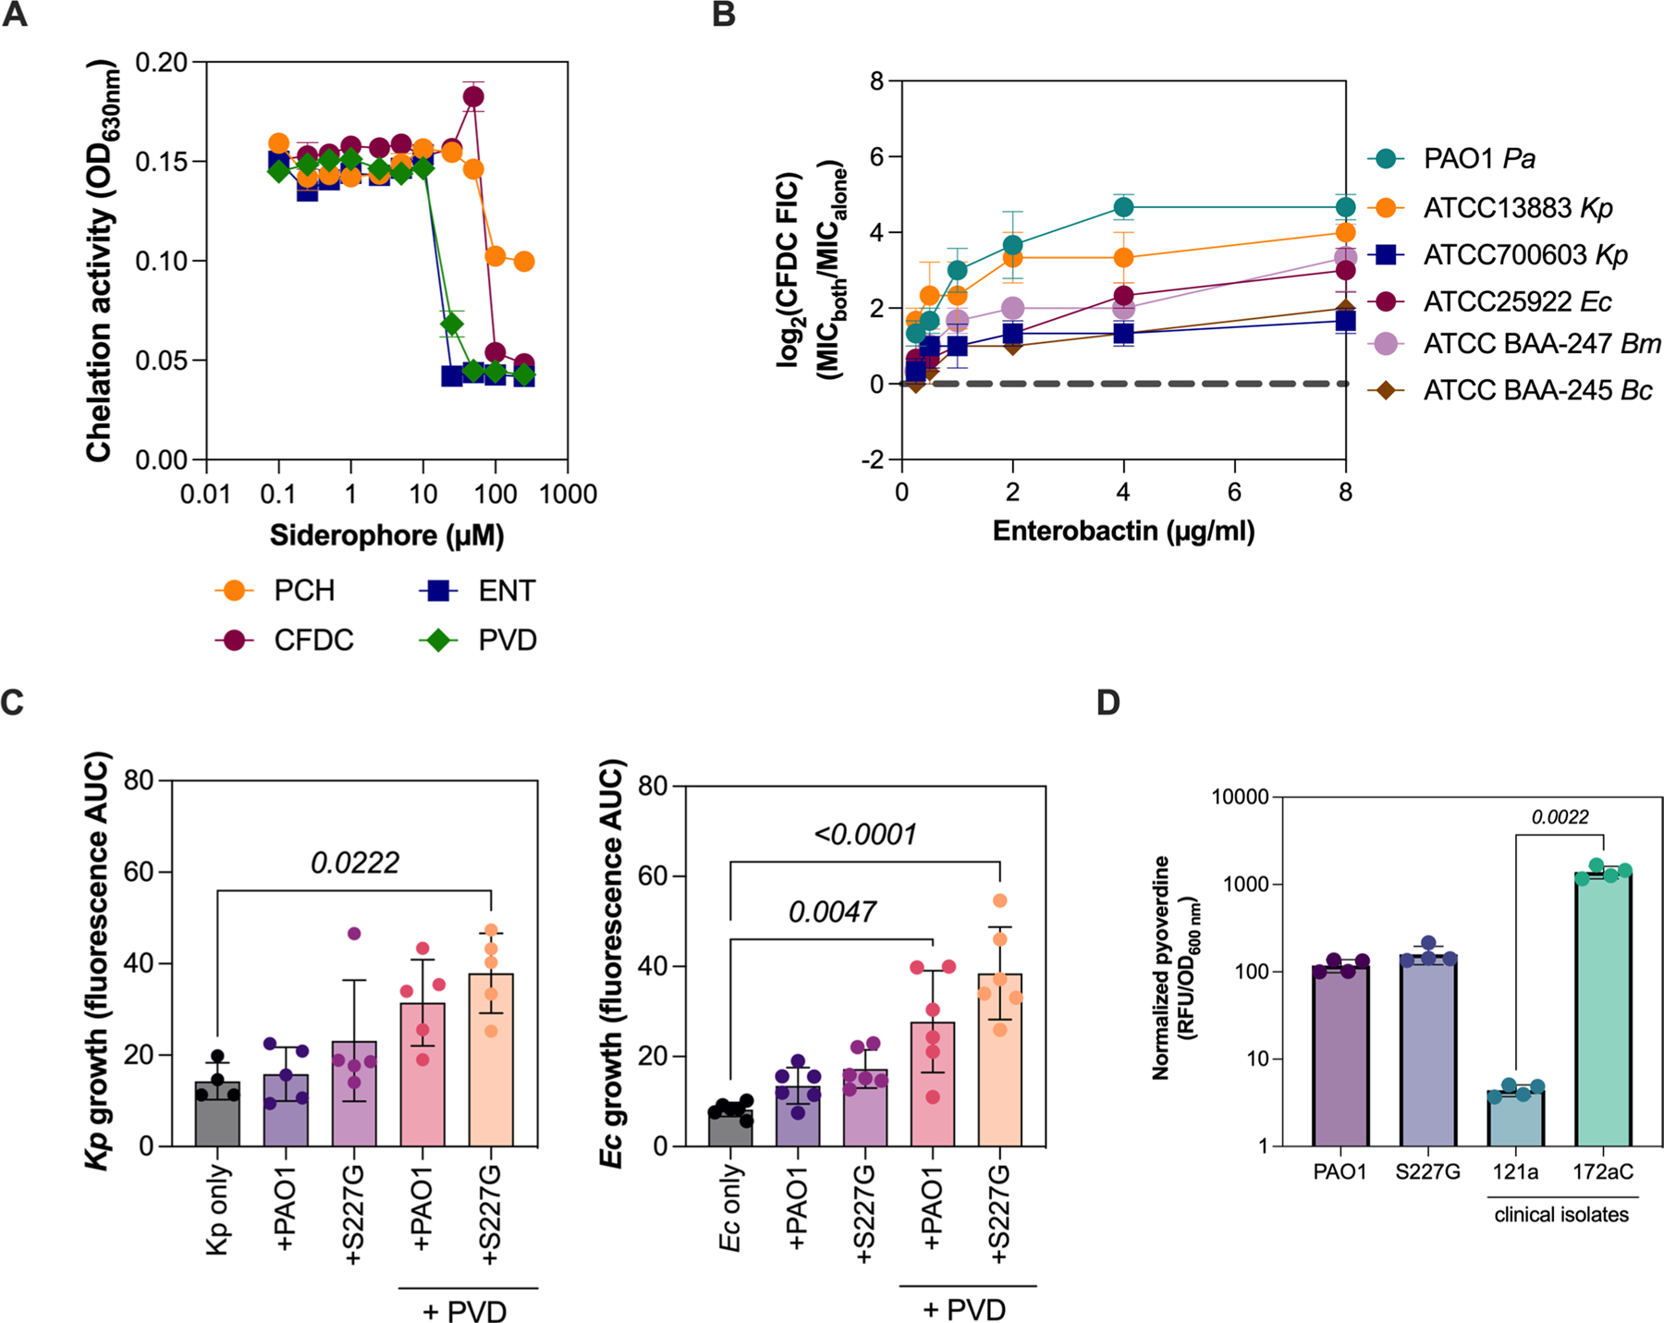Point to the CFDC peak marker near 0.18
point(473,97)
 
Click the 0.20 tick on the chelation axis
point(161,62)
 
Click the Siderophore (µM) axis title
point(386,535)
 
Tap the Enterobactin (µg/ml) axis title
point(1123,531)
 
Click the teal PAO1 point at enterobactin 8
point(1345,207)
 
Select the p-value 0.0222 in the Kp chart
point(355,863)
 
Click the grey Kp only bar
point(217,1113)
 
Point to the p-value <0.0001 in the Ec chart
point(865,834)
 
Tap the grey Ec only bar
point(730,1127)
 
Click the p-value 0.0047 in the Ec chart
point(832,912)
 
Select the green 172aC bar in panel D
point(1603,1008)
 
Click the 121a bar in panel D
point(1516,1118)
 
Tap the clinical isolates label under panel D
point(1561,1214)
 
